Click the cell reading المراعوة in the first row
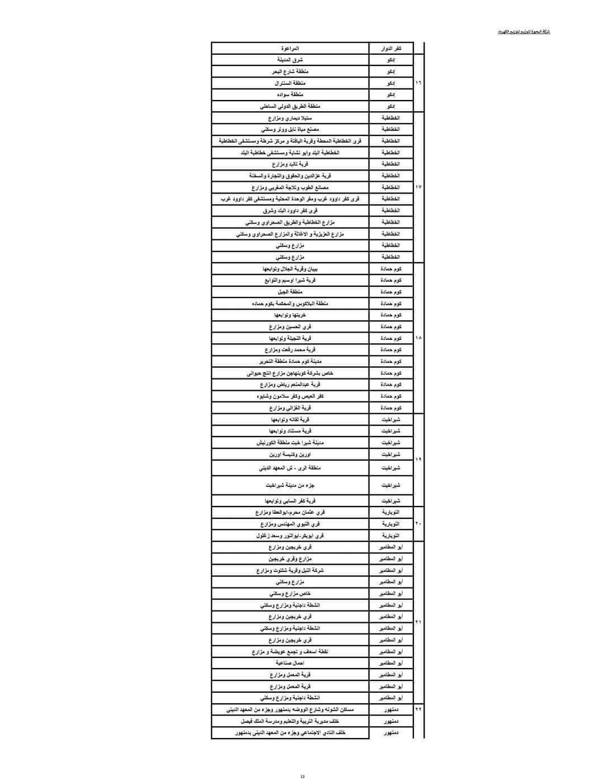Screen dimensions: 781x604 tap(290, 49)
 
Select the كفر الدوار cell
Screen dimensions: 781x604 tap(391, 49)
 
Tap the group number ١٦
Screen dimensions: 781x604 tap(418, 83)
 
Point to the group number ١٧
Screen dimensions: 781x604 tap(418, 187)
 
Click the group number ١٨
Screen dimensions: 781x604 tap(418, 338)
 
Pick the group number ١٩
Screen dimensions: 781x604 tap(418, 459)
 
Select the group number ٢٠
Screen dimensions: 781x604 tap(418, 523)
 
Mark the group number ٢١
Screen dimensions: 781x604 tap(418, 622)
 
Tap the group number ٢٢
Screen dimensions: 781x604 tap(418, 709)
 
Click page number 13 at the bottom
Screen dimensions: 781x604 tap(303, 776)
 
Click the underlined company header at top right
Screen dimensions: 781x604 tap(524, 32)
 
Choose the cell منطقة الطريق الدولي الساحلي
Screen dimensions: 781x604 tap(290, 106)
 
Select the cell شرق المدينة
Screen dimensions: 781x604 tap(290, 60)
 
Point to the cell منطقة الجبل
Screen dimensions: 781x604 tap(290, 292)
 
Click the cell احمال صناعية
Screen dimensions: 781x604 tap(290, 663)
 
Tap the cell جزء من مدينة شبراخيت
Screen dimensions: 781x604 tap(290, 485)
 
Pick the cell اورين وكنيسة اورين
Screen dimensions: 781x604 tap(290, 455)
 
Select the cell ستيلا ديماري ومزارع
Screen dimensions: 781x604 tap(290, 118)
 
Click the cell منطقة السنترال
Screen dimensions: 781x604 tap(290, 83)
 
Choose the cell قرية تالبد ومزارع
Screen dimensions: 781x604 tap(290, 164)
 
